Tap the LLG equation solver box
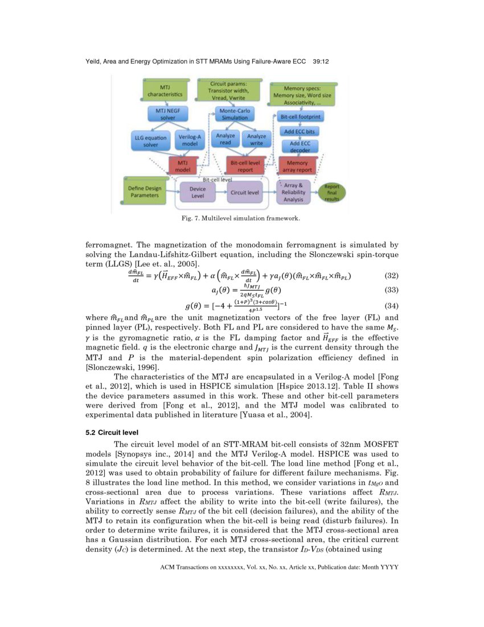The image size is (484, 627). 150,141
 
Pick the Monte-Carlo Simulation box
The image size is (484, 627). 233,113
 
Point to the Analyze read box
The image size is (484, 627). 225,140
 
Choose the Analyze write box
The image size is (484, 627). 256,140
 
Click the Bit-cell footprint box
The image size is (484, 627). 301,117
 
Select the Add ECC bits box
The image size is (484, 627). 300,131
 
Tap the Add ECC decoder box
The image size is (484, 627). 300,146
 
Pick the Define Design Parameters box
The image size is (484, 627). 145,192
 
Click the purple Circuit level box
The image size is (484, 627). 245,192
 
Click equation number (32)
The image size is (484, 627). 391,275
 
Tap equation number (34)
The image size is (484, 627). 391,306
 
